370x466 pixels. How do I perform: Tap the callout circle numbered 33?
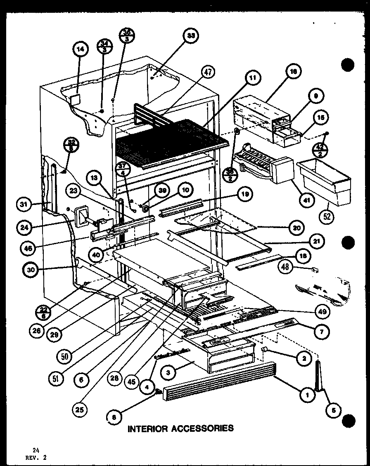coord(190,36)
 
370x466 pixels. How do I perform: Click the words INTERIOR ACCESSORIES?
coord(180,428)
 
